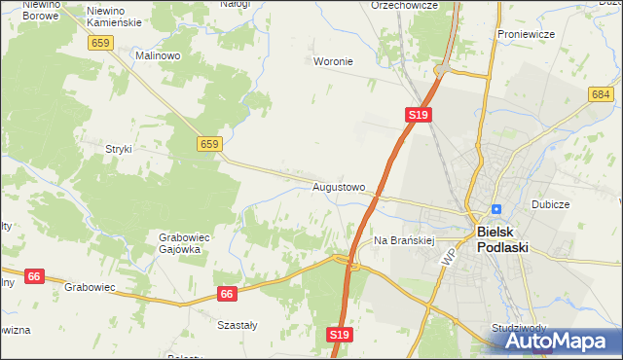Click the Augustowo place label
pyautogui.click(x=339, y=186)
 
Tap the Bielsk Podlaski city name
pyautogui.click(x=502, y=239)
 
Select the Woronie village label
pyautogui.click(x=333, y=61)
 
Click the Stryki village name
pyautogui.click(x=118, y=149)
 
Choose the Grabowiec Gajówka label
pyautogui.click(x=179, y=242)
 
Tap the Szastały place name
pyautogui.click(x=237, y=326)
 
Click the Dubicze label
pyautogui.click(x=550, y=205)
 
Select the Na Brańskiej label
pyautogui.click(x=403, y=239)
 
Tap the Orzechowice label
pyautogui.click(x=404, y=5)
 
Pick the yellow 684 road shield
pyautogui.click(x=600, y=93)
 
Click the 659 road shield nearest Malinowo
pyautogui.click(x=99, y=43)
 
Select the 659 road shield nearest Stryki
pyautogui.click(x=209, y=144)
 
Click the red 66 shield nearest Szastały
pyautogui.click(x=227, y=293)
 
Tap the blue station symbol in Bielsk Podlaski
pyautogui.click(x=496, y=208)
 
